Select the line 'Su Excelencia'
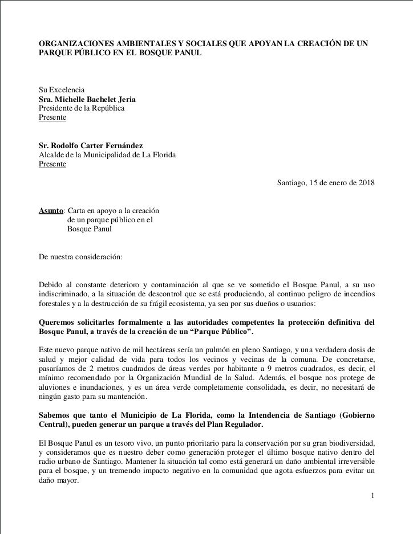(62, 90)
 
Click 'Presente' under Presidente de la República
(52, 117)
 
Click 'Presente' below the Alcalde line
(52, 164)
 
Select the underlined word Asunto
(51, 210)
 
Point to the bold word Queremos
(59, 322)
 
